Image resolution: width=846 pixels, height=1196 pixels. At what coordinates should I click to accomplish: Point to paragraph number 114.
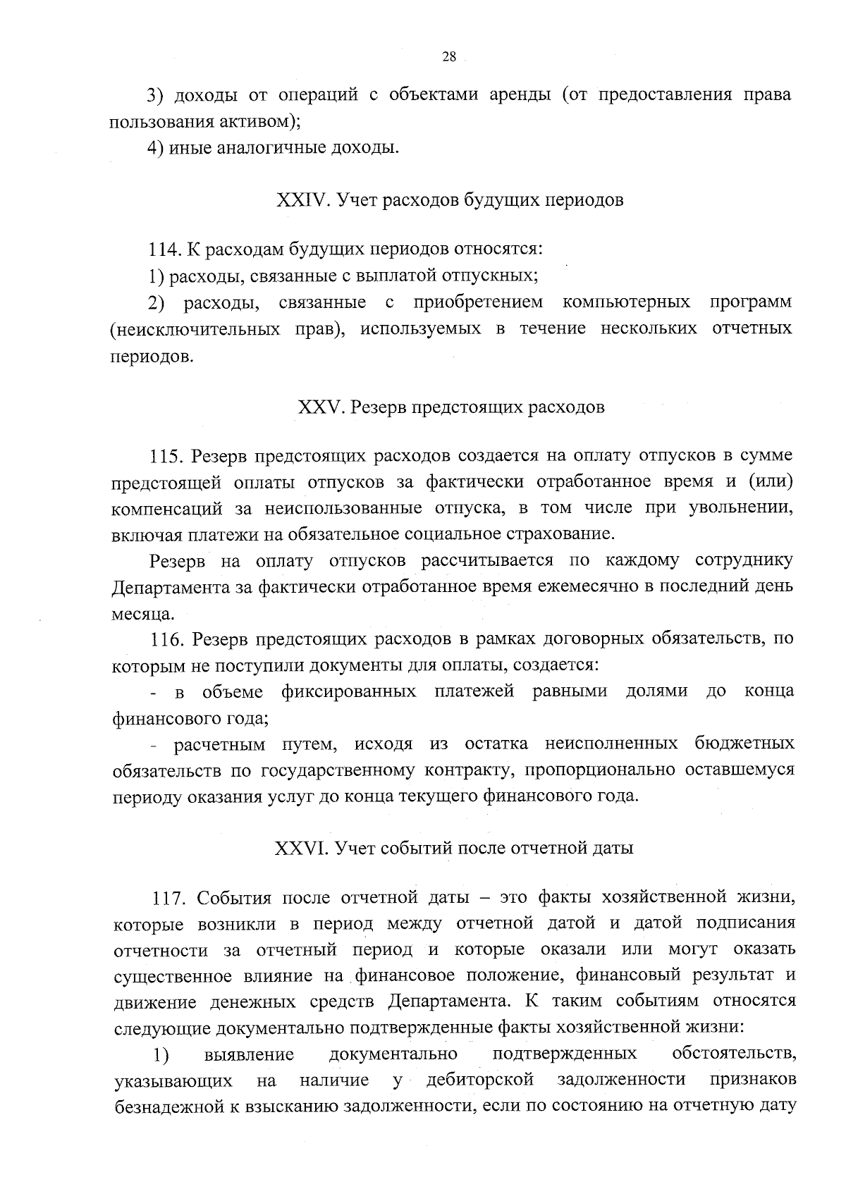(166, 249)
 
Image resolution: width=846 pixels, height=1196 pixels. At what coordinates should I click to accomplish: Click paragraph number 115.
(167, 456)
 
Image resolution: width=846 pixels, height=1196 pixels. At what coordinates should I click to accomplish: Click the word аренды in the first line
(520, 94)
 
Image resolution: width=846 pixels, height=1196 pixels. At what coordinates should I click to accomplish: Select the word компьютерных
(626, 302)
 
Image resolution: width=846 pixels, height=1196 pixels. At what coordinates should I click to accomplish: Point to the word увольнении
(741, 508)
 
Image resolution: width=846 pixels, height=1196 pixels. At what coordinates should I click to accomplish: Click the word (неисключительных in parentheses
(194, 329)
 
